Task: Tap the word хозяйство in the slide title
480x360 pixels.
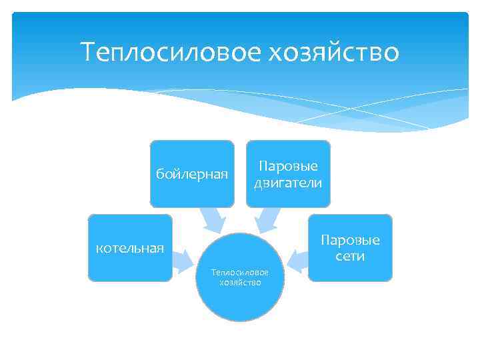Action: (x=333, y=52)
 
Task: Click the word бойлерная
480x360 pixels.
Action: (x=192, y=175)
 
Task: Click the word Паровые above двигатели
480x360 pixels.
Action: (x=288, y=166)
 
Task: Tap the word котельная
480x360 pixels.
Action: (x=130, y=249)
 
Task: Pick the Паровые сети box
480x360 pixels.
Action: (x=351, y=267)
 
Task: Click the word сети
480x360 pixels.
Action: (x=351, y=257)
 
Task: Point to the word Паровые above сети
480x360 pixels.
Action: (x=351, y=240)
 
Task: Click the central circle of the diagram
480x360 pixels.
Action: (x=240, y=300)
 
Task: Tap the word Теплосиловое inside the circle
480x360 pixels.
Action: (x=240, y=273)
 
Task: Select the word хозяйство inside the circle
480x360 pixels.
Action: (x=240, y=282)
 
